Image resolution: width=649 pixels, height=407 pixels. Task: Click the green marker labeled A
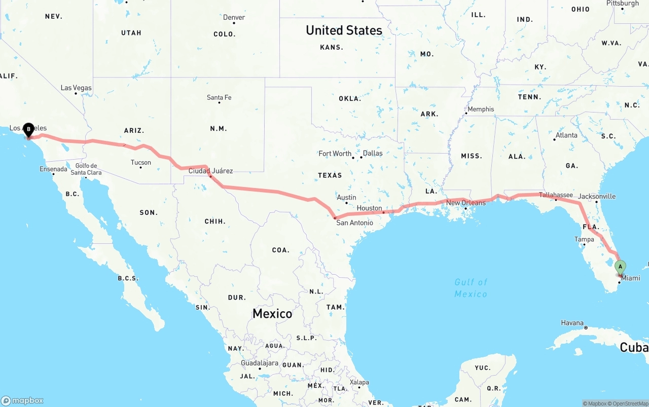point(620,267)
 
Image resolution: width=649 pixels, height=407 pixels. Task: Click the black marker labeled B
point(29,129)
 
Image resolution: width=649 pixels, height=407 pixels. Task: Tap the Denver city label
point(234,17)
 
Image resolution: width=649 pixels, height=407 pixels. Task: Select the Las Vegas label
point(76,88)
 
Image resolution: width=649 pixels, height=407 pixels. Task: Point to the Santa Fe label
point(219,97)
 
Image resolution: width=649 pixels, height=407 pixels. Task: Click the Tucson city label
point(140,162)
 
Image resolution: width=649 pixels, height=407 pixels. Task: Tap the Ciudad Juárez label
point(210,171)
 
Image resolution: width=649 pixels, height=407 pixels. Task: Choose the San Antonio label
point(354,223)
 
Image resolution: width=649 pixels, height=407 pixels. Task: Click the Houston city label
point(369,208)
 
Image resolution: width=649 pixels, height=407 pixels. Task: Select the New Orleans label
point(465,203)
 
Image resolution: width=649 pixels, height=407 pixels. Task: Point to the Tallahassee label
point(556,195)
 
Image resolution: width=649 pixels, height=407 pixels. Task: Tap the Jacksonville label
point(597,196)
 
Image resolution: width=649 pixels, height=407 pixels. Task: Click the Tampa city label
point(584,239)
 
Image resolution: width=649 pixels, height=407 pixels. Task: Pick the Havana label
point(572,323)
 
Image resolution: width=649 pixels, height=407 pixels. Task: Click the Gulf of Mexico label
point(471,288)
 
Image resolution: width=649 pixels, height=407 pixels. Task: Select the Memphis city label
point(480,109)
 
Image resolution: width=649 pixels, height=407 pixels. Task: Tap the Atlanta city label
point(566,135)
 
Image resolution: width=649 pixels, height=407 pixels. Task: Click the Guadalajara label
point(260,363)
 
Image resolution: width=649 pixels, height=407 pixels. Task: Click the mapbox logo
point(22,400)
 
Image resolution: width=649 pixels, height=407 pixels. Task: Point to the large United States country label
point(344,30)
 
